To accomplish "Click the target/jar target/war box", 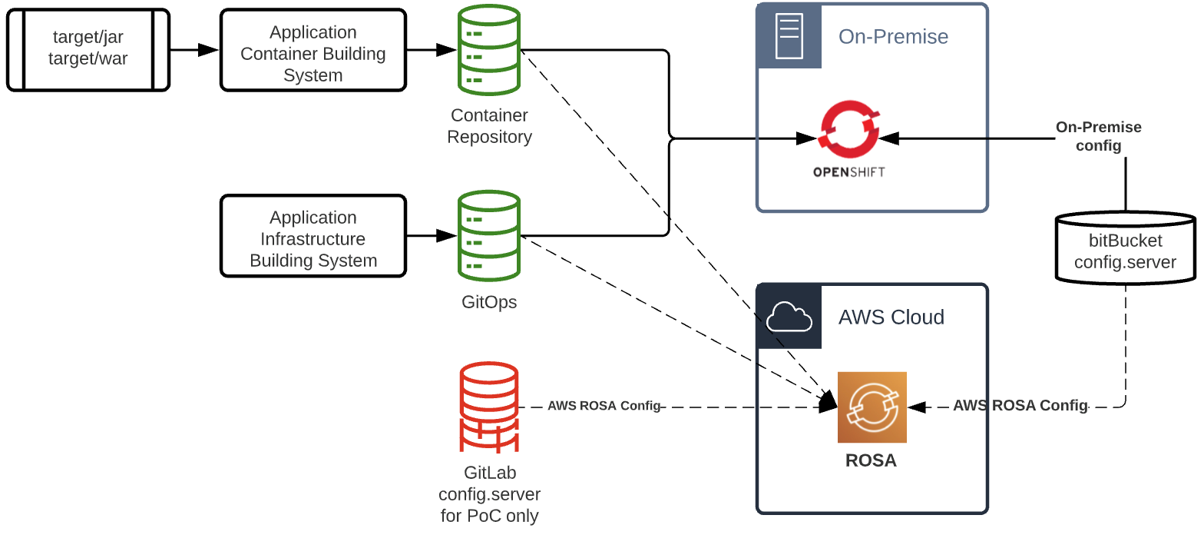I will click(x=88, y=49).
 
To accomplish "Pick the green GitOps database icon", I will click(x=489, y=236).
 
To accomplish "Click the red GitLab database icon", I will click(x=489, y=407).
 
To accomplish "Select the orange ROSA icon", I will click(x=872, y=407).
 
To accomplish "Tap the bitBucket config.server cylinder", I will click(x=1125, y=247).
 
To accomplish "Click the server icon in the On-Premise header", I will click(x=789, y=36).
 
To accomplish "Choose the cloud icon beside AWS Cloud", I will click(x=789, y=317).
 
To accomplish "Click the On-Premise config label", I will click(x=1098, y=136).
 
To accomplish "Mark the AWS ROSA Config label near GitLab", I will click(x=604, y=406).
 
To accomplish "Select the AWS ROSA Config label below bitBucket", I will click(x=1020, y=406).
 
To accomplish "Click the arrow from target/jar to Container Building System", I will click(x=195, y=50).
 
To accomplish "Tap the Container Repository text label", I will click(x=489, y=126).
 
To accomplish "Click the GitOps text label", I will click(x=489, y=302).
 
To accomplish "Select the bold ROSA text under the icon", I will click(x=871, y=461).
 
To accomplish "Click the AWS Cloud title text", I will click(x=891, y=317).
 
